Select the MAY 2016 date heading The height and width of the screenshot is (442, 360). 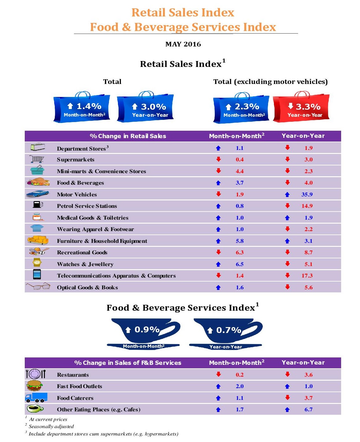point(183,44)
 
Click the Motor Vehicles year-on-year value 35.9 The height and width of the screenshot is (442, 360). point(307,195)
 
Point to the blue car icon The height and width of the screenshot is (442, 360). point(37,194)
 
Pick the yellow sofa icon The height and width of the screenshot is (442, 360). point(38,240)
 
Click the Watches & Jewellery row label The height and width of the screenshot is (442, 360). point(85,264)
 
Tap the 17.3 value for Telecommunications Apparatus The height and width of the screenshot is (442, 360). point(307,276)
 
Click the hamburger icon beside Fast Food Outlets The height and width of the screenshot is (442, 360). point(35,386)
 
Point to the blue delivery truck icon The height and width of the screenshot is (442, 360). point(36,397)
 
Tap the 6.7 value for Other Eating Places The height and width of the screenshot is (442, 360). point(308,409)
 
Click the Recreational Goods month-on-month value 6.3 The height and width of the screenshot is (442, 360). point(240,252)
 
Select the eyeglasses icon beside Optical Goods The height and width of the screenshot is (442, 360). point(38,286)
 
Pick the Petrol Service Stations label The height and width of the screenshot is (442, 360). point(87,206)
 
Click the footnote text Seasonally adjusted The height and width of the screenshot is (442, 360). point(51,427)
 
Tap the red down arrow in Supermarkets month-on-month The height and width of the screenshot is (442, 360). point(219,159)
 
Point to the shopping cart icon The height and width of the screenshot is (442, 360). point(37,159)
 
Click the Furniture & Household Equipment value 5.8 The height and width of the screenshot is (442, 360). point(240,241)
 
